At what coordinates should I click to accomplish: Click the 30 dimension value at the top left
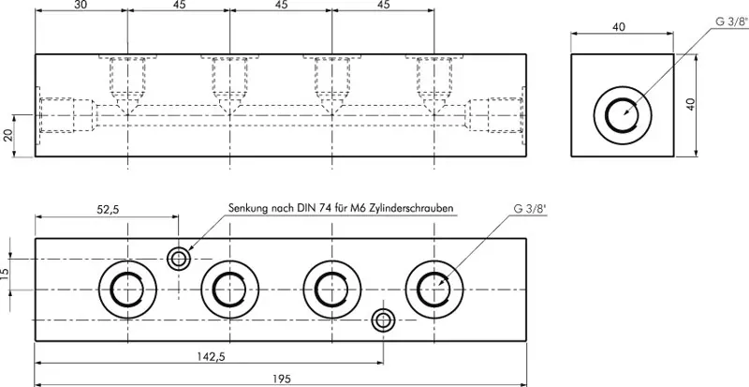(81, 6)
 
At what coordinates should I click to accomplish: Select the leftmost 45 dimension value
(178, 6)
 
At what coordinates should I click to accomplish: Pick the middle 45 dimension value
(280, 6)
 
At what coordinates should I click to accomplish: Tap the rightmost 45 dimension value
(383, 6)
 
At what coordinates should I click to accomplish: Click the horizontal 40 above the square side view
(619, 28)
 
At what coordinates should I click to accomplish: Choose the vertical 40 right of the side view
(692, 105)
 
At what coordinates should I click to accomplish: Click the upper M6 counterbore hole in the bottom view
(178, 259)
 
